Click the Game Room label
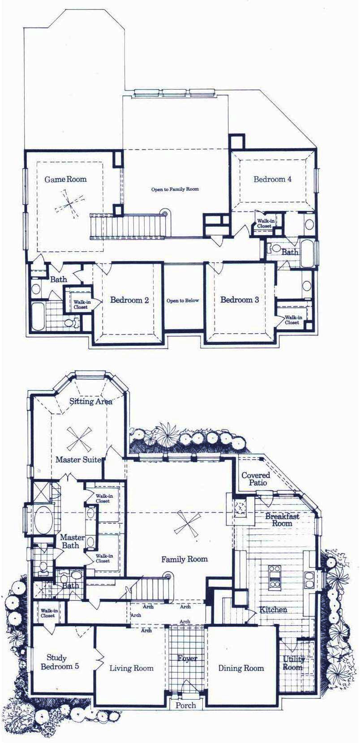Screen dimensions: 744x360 tap(65, 179)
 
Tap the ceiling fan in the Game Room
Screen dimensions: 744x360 tap(69, 204)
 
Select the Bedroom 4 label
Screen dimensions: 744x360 tap(272, 179)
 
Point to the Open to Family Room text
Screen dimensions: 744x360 tap(175, 189)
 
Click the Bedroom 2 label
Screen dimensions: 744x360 tap(129, 300)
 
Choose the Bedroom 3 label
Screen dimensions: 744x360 tap(240, 300)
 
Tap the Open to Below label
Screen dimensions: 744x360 tap(183, 301)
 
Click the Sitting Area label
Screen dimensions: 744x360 tap(91, 401)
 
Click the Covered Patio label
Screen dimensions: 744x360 tap(256, 479)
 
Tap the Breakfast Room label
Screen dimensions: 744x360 tap(282, 520)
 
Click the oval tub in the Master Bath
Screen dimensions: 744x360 tap(43, 520)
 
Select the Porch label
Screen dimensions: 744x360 tap(185, 705)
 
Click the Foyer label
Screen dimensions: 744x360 tap(187, 658)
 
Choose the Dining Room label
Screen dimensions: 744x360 tap(241, 668)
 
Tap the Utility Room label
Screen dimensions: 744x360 tap(293, 663)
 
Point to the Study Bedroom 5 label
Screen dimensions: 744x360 tap(60, 662)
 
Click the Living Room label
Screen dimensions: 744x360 tap(131, 668)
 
